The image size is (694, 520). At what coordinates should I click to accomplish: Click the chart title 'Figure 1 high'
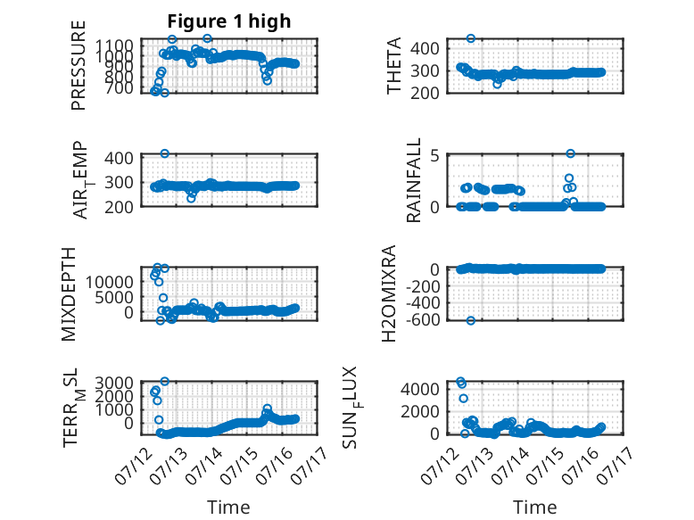coord(229,21)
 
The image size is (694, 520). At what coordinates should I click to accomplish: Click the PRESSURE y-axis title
coord(78,65)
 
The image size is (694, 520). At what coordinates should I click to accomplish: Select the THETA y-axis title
coord(393,65)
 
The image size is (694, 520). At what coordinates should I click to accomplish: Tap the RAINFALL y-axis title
coord(413,180)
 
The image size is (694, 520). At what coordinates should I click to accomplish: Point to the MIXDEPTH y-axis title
coord(69,294)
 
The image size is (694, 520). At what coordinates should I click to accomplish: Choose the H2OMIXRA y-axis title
coord(388,293)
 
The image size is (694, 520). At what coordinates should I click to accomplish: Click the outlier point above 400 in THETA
coord(470,38)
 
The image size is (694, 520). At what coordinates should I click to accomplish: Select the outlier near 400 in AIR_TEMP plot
coord(165,153)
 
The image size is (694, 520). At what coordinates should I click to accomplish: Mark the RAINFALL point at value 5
coord(571,153)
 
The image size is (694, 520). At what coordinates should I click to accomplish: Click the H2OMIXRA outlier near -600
coord(470,320)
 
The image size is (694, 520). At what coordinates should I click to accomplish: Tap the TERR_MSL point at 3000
coord(165,381)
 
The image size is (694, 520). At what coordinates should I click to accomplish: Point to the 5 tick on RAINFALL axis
coord(434,156)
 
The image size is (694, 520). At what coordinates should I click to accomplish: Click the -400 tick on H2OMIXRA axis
coord(422,303)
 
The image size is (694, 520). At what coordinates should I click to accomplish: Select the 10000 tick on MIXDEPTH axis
coord(110,282)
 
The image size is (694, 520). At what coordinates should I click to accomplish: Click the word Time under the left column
coord(228,508)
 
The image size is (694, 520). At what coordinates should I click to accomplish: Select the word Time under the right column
coord(534,508)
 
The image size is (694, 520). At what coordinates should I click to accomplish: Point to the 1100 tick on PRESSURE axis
coord(114,45)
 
